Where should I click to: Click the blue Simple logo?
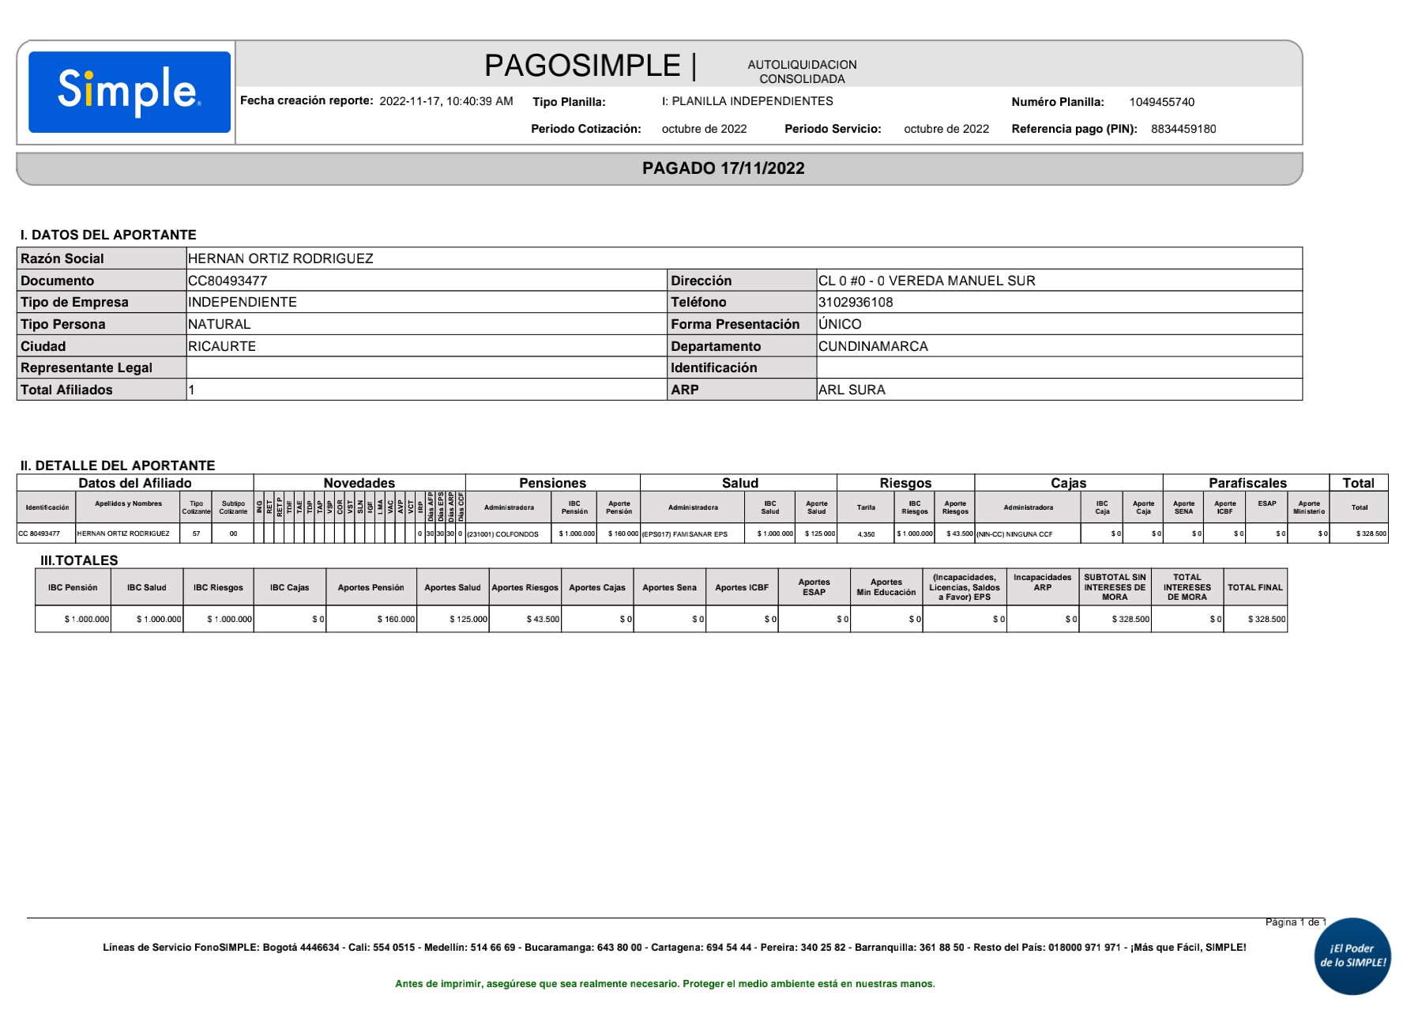130,92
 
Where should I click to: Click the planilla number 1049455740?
1161,102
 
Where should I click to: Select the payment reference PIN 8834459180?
1183,129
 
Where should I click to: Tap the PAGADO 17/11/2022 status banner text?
723,168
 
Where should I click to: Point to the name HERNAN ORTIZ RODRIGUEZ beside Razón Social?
280,258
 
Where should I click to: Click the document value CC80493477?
228,281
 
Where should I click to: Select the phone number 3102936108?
856,302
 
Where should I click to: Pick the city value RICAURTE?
222,346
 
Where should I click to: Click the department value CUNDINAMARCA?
873,346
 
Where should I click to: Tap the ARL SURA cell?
852,390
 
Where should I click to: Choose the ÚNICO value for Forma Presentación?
840,324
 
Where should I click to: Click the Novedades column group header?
359,483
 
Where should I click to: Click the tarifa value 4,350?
866,534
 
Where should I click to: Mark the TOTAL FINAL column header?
1255,587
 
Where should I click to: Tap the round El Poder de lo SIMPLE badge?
1352,955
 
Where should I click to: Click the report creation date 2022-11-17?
410,101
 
